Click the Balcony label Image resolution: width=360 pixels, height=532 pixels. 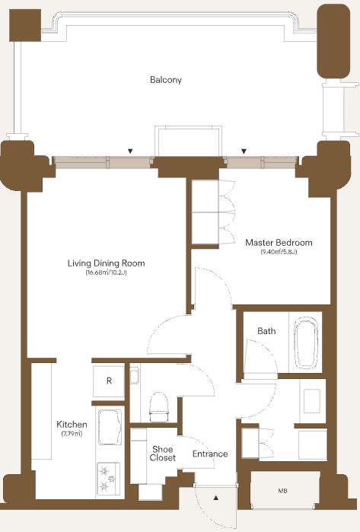166,80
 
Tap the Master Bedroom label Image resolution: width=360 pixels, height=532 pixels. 279,243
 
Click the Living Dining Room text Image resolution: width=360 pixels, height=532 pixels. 107,263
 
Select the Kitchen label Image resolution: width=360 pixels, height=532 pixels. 72,424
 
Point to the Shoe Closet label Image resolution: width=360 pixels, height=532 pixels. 163,454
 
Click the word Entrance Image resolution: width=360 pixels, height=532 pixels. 210,454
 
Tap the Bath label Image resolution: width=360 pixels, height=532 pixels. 266,331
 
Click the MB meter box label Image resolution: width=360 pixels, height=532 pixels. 282,491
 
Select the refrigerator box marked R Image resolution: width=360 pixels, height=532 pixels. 109,381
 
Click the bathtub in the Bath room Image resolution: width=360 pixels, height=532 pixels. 307,342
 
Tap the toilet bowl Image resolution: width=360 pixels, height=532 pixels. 159,407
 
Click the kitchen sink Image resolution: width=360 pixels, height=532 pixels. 110,427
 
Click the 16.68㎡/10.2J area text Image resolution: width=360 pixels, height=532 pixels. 107,272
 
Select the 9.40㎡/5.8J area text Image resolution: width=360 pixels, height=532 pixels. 279,252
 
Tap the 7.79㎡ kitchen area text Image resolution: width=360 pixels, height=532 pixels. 72,434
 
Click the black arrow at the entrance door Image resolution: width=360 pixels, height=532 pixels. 216,498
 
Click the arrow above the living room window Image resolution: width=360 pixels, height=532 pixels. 130,151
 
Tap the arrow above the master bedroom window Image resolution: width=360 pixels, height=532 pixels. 244,151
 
